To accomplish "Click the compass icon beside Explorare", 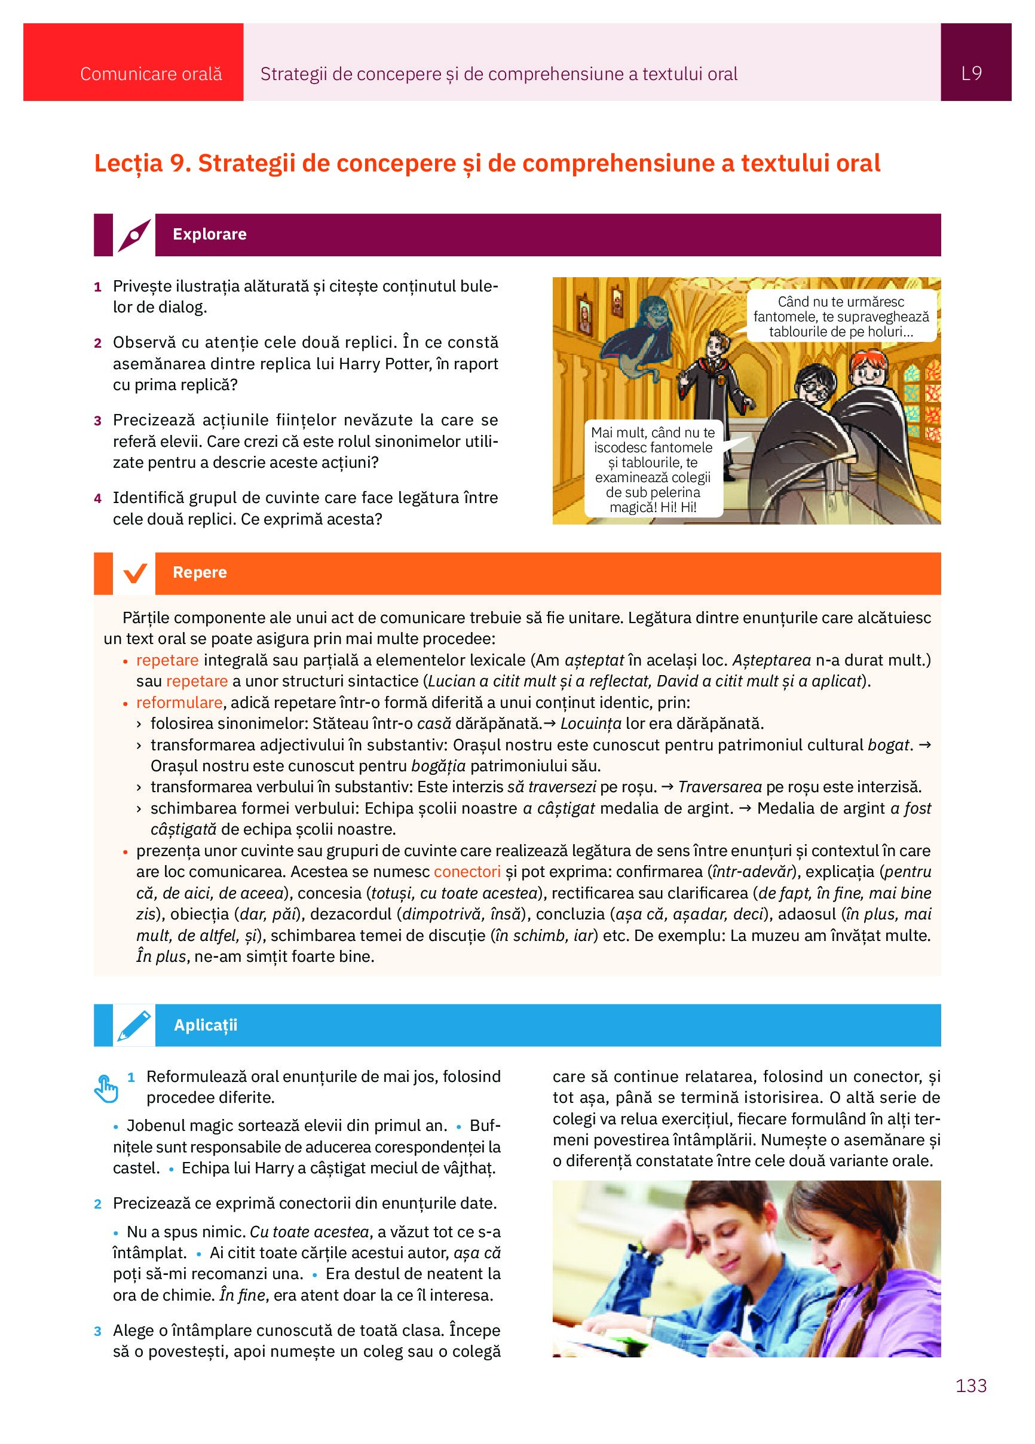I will point(134,235).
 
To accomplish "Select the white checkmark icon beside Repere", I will point(134,573).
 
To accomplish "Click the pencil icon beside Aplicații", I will point(134,1025).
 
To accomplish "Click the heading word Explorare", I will point(210,234).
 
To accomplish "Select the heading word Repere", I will point(200,572).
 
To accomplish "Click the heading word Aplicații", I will point(205,1025).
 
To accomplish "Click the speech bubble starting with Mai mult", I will point(653,469).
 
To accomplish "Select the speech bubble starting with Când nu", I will point(841,317).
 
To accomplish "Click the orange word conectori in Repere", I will point(467,872).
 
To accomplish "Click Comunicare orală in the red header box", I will point(151,75).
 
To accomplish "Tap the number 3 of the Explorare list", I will point(97,421).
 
